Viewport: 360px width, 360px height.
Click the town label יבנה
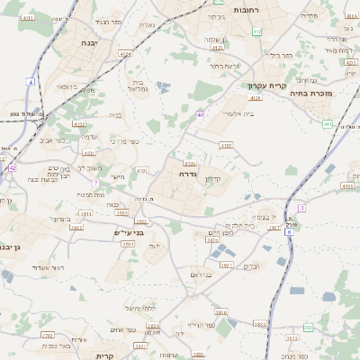click(x=88, y=42)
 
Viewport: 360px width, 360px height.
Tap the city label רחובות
click(x=246, y=8)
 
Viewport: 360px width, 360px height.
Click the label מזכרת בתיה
click(x=312, y=92)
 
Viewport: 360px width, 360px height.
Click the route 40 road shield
click(x=200, y=115)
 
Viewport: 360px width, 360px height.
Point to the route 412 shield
click(x=257, y=31)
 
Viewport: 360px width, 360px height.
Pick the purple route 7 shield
click(x=94, y=183)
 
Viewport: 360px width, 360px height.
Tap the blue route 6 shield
click(x=289, y=232)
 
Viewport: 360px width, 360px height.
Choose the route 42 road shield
click(x=13, y=167)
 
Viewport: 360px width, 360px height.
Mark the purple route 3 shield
click(x=301, y=208)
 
